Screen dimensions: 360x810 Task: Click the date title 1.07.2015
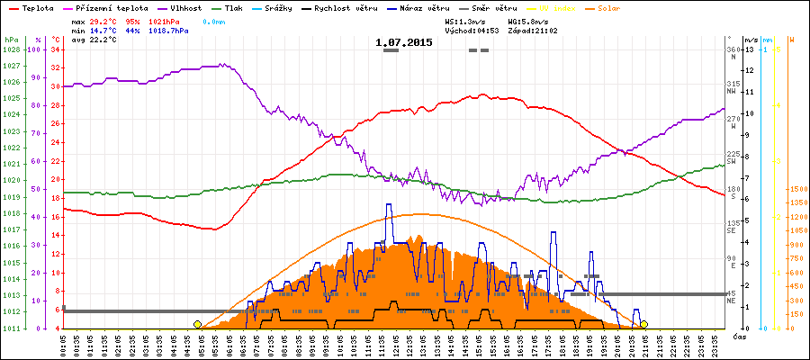[x=403, y=42]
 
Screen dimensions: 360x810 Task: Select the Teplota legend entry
[x=32, y=7]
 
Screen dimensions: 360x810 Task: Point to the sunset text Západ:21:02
[x=535, y=30]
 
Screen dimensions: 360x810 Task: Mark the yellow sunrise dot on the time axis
[x=197, y=324]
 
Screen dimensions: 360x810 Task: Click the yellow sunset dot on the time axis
[x=644, y=324]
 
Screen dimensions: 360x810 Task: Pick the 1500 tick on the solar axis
[x=796, y=189]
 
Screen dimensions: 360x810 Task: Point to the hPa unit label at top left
[x=11, y=40]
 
